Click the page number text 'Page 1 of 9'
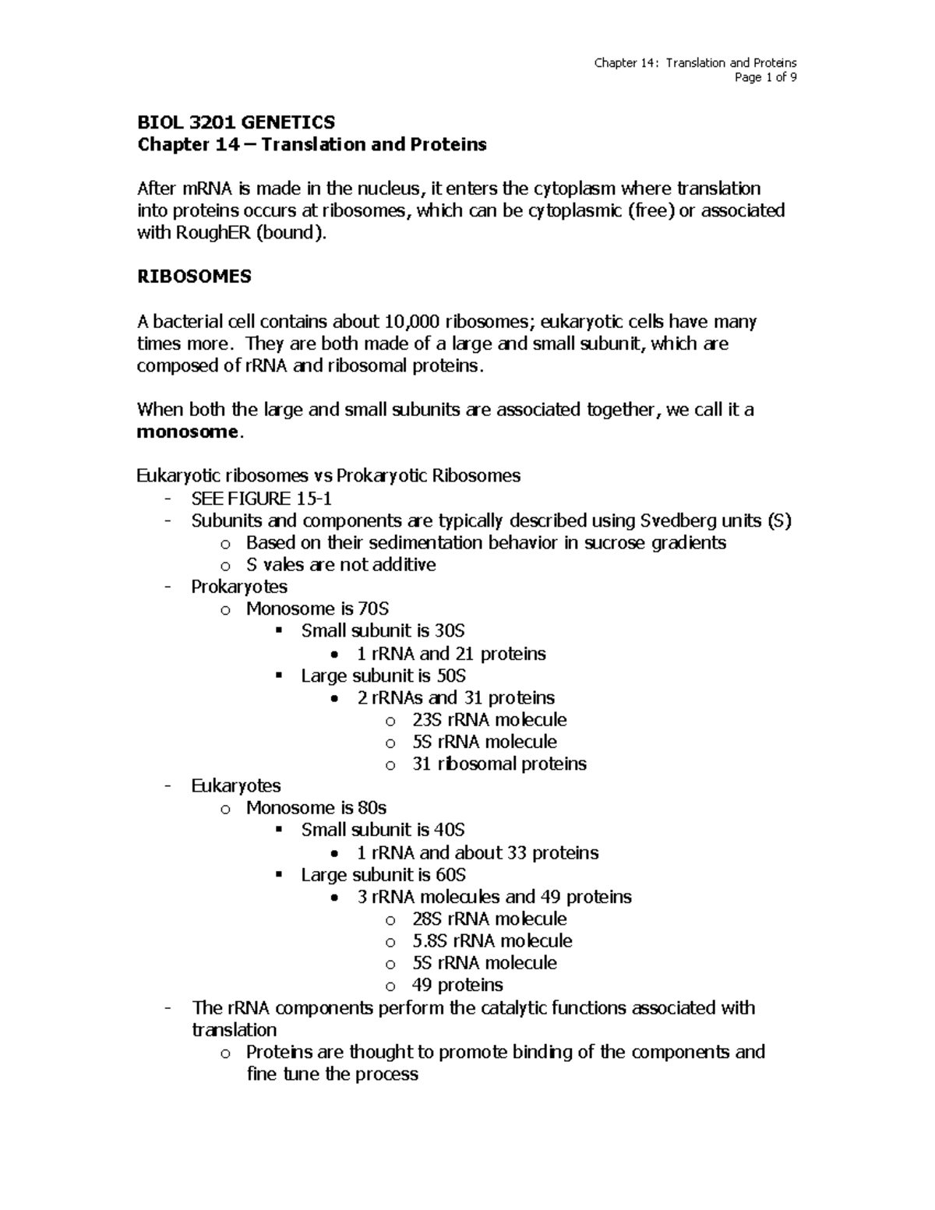(765, 77)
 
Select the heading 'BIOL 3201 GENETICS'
(236, 122)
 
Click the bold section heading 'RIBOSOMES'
(194, 277)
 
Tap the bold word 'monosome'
(186, 432)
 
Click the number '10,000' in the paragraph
(413, 322)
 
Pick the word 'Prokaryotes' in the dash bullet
(239, 587)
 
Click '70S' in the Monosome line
(373, 609)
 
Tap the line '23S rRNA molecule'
(489, 720)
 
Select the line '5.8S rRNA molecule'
(492, 940)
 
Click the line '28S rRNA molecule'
(489, 919)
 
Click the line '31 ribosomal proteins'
(499, 764)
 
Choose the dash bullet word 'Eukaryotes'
(236, 785)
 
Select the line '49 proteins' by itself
(457, 985)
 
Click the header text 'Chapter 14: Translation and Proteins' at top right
(695, 63)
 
